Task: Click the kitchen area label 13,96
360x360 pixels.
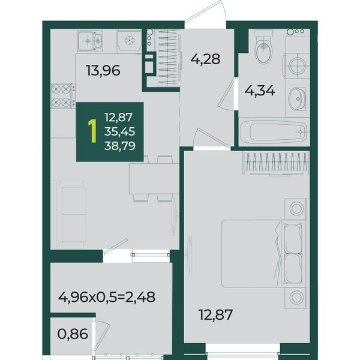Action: tap(103, 70)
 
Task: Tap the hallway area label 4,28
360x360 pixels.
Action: tap(205, 59)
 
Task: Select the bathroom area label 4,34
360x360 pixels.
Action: tap(260, 91)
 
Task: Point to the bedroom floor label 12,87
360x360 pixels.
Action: tap(216, 314)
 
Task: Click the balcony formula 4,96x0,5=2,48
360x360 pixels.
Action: tap(107, 297)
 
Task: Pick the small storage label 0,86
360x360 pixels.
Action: tap(73, 334)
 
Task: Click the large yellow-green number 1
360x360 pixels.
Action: tap(92, 131)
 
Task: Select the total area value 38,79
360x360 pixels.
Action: tap(119, 146)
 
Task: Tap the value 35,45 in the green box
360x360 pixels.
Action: tap(119, 131)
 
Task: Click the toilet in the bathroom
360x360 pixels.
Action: tap(263, 47)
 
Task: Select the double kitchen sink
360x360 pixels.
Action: tap(90, 41)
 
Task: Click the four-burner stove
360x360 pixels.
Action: tap(62, 95)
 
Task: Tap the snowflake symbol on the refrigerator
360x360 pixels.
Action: tap(129, 41)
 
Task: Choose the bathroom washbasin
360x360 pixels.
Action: tap(296, 99)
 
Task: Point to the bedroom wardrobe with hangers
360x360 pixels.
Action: tap(276, 163)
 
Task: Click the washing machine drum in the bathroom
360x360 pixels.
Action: tap(298, 65)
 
